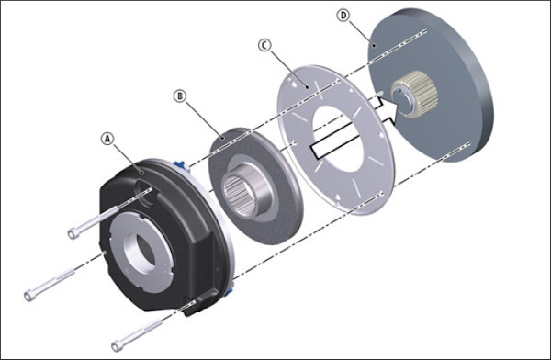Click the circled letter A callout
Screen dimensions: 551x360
[107, 140]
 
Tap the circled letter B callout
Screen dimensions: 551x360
[180, 96]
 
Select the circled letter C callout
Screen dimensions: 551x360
[264, 45]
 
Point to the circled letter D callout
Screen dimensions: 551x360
[343, 16]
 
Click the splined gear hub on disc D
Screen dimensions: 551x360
[415, 93]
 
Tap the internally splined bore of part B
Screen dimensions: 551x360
[240, 195]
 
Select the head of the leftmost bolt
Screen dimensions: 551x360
[29, 296]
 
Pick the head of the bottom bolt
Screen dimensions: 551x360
[117, 346]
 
